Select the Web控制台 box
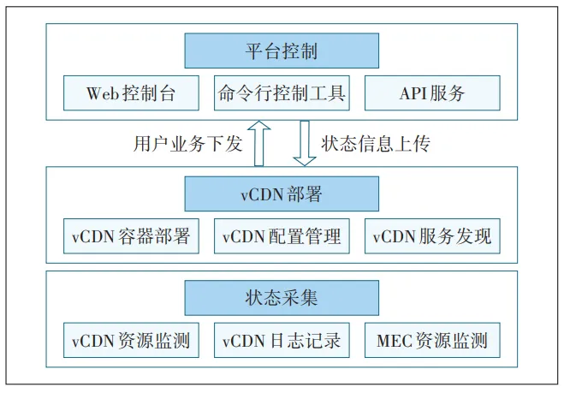point(131,93)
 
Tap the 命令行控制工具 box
point(282,93)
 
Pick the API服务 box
point(432,93)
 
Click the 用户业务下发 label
point(188,144)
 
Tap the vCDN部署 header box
point(282,194)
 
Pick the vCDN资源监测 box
point(131,341)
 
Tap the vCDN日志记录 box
point(282,341)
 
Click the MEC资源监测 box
point(432,341)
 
